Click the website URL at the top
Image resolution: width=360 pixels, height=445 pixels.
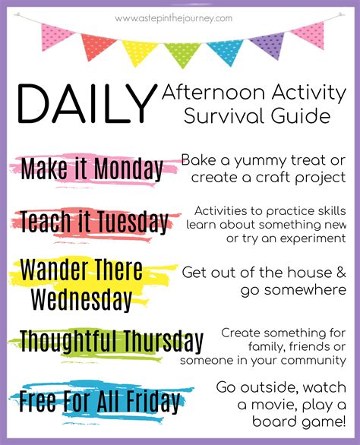[173, 19]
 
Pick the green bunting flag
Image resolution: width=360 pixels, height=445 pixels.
[182, 54]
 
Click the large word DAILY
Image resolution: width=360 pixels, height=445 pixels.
[87, 103]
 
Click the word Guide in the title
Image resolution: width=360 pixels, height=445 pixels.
[301, 115]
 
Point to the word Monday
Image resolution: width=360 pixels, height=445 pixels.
[128, 169]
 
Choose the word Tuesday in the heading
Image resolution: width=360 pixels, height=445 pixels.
[133, 222]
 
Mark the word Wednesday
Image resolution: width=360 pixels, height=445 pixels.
[81, 299]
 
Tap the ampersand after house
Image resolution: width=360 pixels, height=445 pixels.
[341, 272]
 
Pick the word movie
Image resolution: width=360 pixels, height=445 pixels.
[274, 405]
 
